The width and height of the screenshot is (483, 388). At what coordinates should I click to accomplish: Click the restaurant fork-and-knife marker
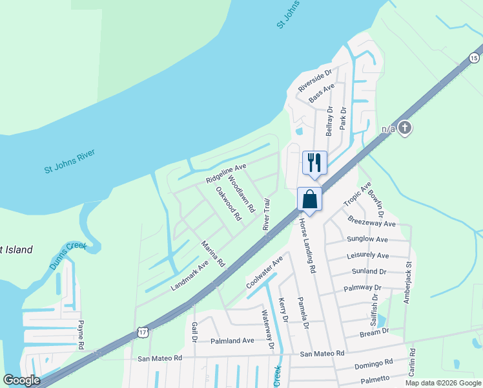tap(314, 162)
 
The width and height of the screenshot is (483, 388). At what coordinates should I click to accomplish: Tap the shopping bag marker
tap(310, 199)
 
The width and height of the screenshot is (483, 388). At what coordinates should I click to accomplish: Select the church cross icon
tap(405, 127)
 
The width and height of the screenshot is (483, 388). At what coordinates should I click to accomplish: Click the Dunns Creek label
tap(68, 255)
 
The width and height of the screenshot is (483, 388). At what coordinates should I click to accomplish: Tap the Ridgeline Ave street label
tap(226, 173)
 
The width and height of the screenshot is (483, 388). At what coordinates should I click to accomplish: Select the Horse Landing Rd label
tap(307, 244)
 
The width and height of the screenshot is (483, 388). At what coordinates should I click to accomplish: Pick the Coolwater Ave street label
tap(265, 272)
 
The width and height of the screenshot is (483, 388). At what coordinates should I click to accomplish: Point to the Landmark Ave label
tap(190, 274)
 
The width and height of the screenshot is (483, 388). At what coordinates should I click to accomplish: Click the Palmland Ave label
tap(232, 341)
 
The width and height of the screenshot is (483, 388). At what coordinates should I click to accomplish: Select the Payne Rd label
tap(81, 334)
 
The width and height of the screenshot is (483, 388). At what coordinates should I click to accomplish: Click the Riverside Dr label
tap(314, 81)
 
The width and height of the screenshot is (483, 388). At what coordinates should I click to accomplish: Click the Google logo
tap(21, 380)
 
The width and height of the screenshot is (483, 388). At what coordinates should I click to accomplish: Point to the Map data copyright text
tap(442, 383)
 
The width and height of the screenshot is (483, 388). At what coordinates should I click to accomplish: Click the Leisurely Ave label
tap(368, 255)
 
